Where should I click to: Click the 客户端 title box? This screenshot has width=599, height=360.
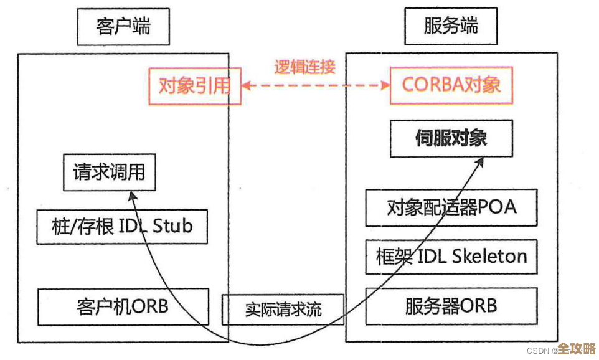pos(123,26)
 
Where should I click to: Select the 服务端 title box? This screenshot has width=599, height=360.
pos(451,26)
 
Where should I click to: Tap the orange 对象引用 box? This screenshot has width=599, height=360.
pos(194,86)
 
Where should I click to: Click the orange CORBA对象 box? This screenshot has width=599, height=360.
pos(451,85)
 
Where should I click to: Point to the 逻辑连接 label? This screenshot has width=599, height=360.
pos(305,67)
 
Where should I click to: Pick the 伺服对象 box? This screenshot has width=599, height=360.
pos(451,138)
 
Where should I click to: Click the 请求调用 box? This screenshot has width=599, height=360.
pos(109,171)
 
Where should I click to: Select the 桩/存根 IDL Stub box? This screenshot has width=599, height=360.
pos(121,226)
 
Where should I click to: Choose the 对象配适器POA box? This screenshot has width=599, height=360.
pos(451,207)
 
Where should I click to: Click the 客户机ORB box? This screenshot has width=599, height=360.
pos(123,306)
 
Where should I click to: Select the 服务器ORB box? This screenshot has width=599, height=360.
pos(451,306)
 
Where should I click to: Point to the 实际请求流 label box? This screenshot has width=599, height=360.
pos(283,309)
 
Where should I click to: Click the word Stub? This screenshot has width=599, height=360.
pos(172,226)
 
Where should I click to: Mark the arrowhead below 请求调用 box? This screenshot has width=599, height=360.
pos(131,196)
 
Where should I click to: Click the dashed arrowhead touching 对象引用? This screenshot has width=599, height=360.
pos(247,86)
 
